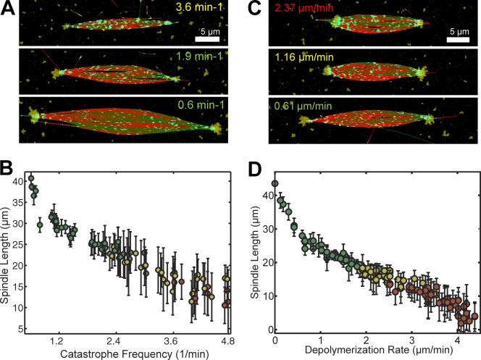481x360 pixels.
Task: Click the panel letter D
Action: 255,175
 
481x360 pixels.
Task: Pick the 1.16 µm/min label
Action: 299,57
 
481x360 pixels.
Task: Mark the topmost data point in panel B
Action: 31,179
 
